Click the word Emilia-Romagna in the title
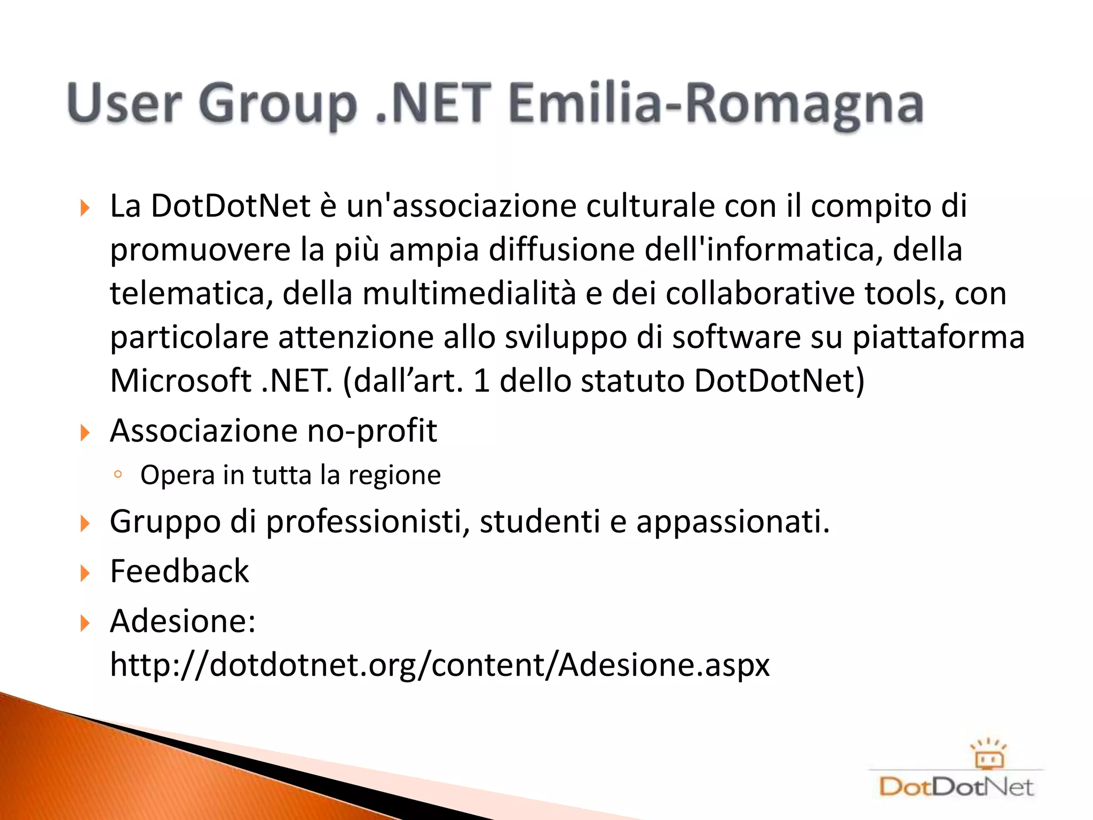[715, 104]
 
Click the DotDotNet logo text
[956, 787]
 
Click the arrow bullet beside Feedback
[85, 573]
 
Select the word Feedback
[179, 571]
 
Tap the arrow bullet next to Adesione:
[85, 623]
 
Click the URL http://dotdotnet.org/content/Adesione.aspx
[440, 665]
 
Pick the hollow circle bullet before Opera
[118, 474]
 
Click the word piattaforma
[938, 337]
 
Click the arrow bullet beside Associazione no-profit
[85, 432]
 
